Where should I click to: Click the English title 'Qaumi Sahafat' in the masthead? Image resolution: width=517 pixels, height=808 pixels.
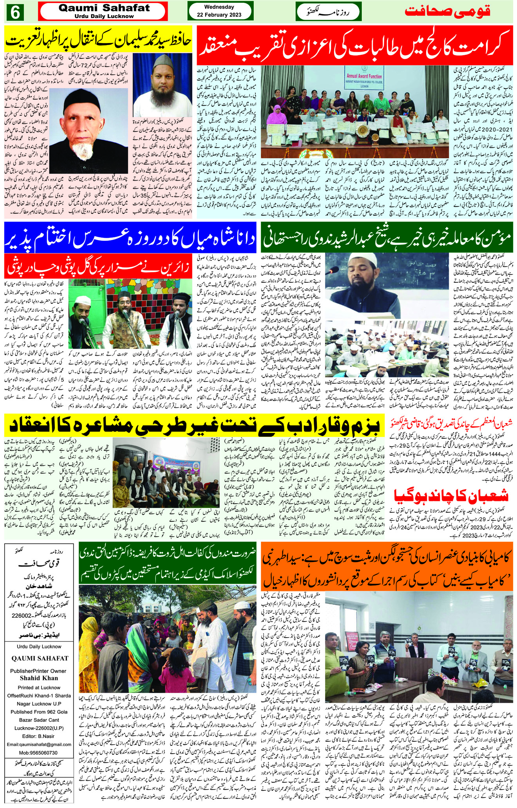click(x=104, y=8)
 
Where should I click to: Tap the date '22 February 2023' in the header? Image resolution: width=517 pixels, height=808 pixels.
click(x=220, y=15)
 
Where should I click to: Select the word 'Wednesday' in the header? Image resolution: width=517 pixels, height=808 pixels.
click(x=220, y=7)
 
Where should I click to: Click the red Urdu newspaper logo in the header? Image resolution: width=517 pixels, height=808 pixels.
click(x=447, y=11)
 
